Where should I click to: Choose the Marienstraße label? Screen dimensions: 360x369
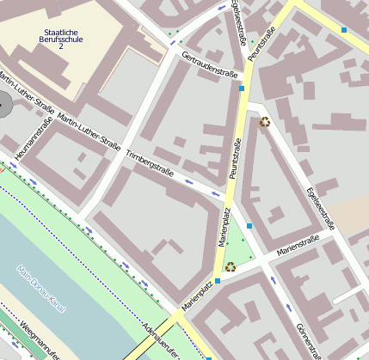tap(297, 248)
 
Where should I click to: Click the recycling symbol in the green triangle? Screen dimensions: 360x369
tap(231, 266)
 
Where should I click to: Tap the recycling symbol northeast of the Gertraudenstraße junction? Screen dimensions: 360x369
tap(264, 121)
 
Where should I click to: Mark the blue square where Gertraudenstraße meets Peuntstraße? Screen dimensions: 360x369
tap(243, 88)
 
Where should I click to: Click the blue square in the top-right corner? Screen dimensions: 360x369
tap(344, 30)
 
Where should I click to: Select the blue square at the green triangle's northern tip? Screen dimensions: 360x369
tap(249, 225)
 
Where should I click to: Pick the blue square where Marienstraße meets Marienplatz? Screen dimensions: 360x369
tap(218, 280)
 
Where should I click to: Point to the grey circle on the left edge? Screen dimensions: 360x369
tap(4, 107)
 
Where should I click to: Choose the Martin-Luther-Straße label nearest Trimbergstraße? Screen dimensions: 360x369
tap(89, 128)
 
